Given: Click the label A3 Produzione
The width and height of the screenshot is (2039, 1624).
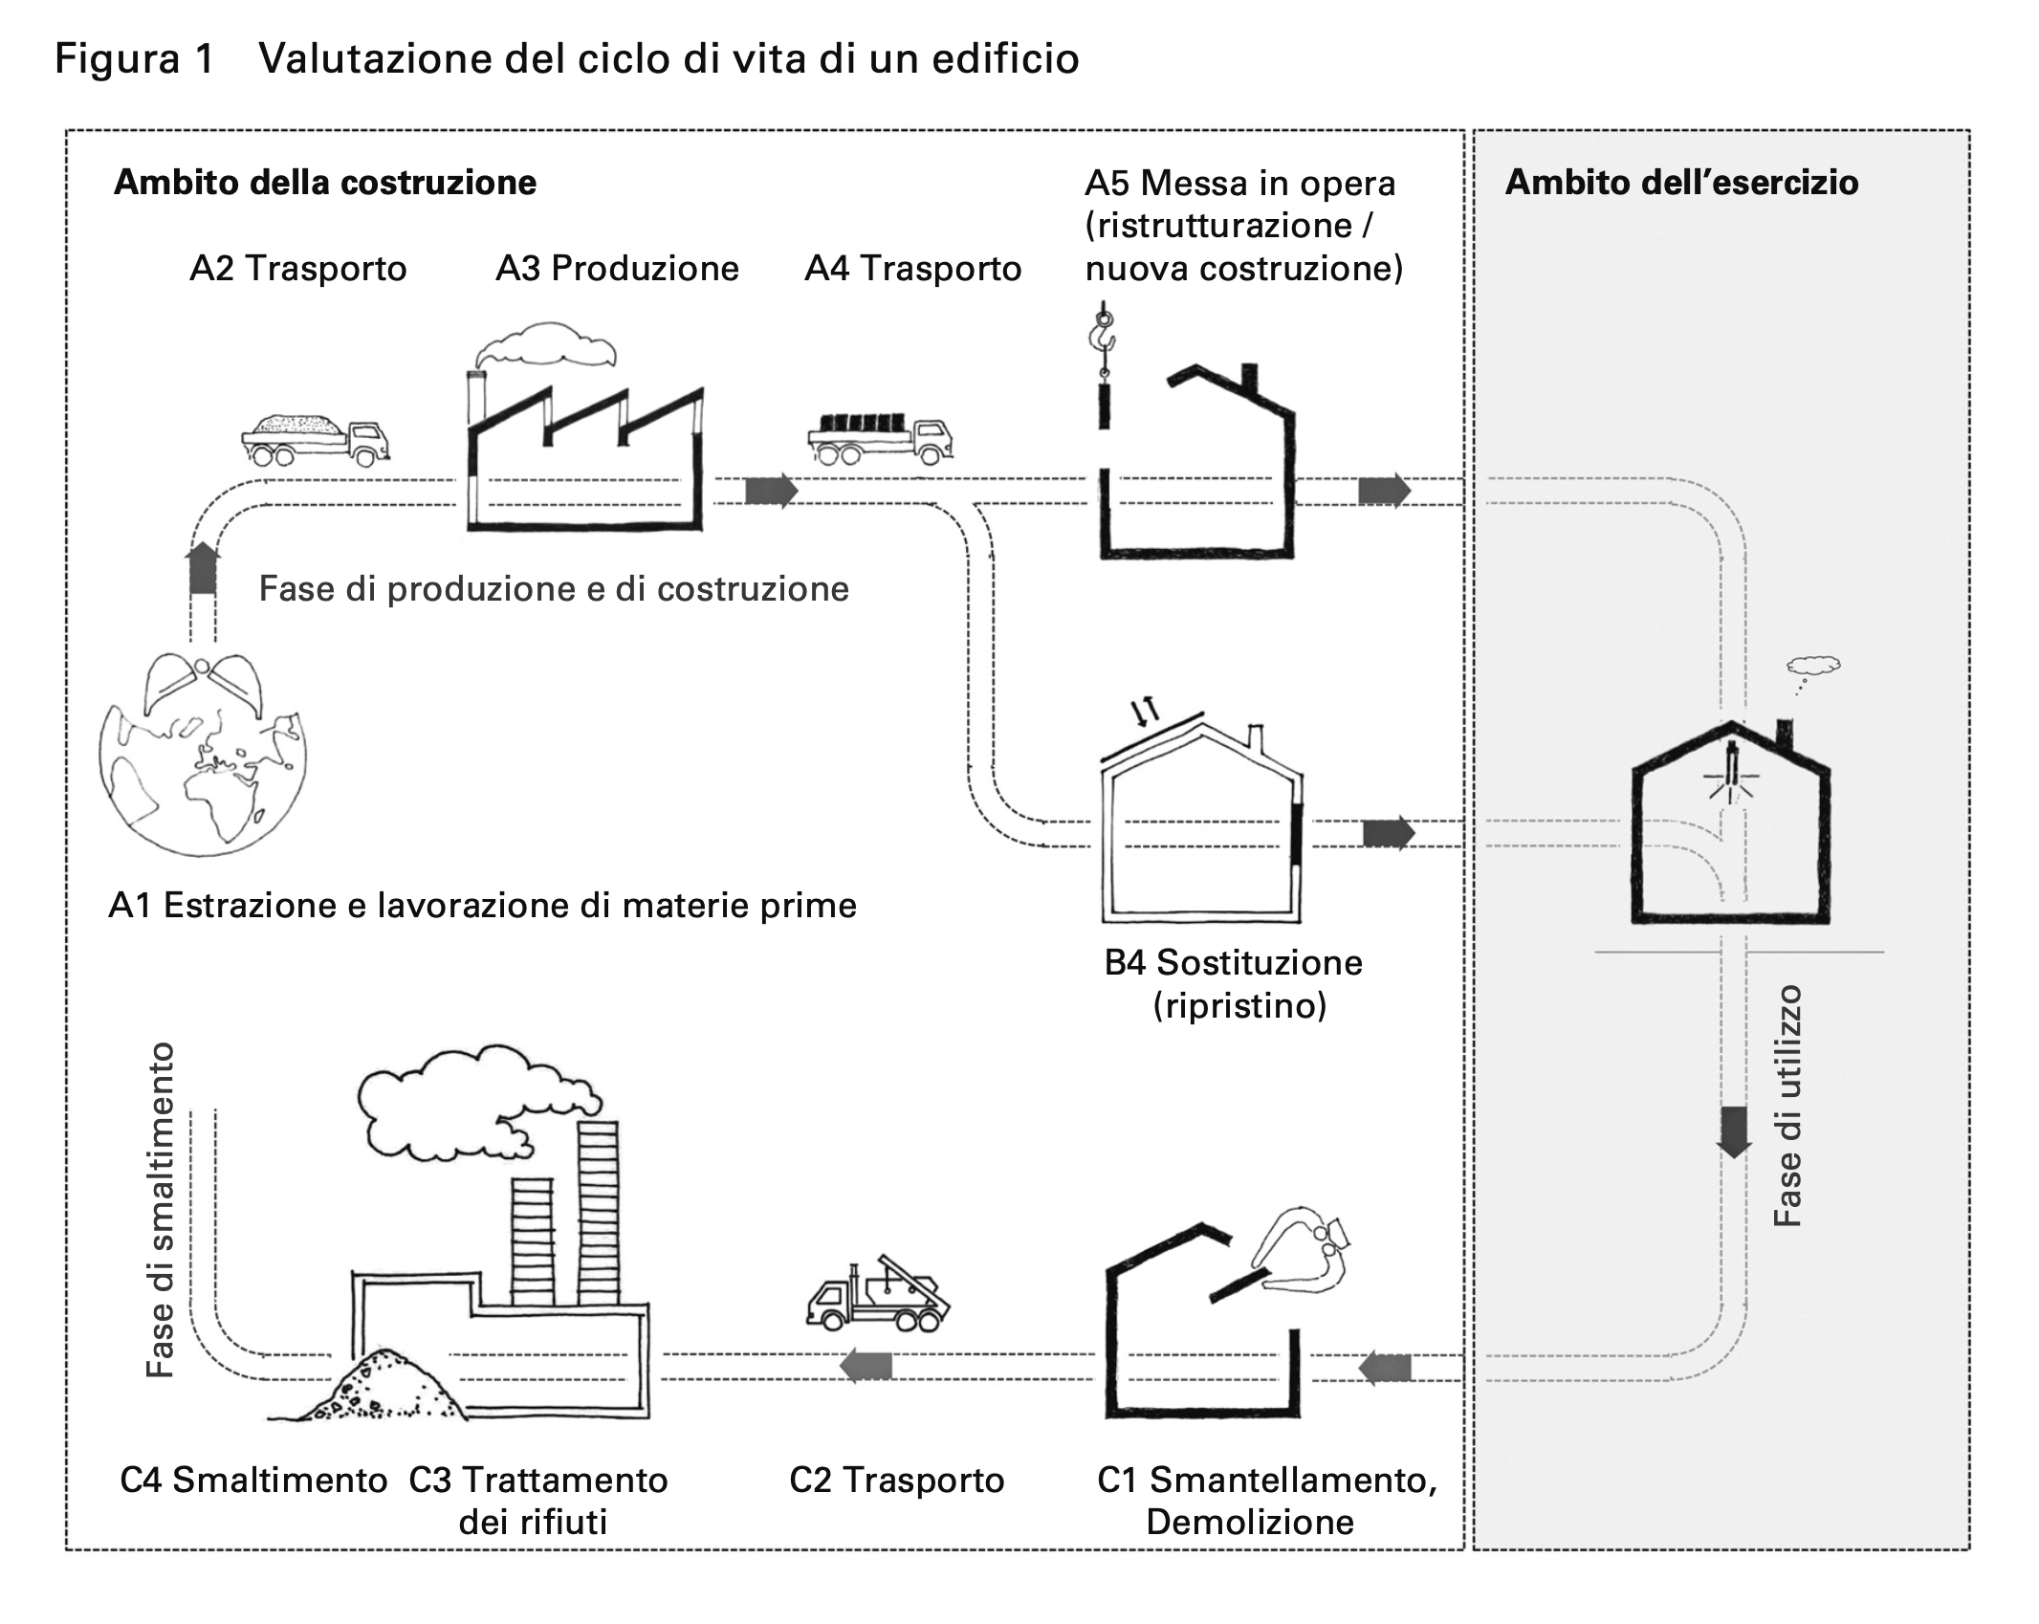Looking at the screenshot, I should [x=617, y=269].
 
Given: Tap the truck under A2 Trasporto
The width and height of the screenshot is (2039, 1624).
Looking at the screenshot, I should [x=316, y=439].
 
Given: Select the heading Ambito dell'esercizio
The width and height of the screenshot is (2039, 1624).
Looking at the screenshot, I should [x=1681, y=183].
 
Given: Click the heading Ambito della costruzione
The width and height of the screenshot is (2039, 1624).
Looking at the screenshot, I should [x=325, y=183].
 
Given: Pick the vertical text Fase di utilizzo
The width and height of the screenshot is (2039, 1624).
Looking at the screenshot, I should [x=1787, y=1106].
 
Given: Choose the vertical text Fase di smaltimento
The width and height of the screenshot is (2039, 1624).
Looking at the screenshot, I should [x=161, y=1210].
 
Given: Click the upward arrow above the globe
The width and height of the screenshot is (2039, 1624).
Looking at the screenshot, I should [x=202, y=568].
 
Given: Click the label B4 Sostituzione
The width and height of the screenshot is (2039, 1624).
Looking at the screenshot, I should [x=1234, y=962].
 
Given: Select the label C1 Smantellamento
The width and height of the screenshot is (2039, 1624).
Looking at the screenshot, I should [x=1267, y=1480].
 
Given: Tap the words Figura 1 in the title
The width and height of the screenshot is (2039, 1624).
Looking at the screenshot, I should [x=134, y=59].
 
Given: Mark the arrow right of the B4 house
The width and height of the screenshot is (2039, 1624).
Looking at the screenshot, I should [x=1388, y=833].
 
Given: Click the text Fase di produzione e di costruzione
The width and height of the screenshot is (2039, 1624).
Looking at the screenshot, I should [x=554, y=589].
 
